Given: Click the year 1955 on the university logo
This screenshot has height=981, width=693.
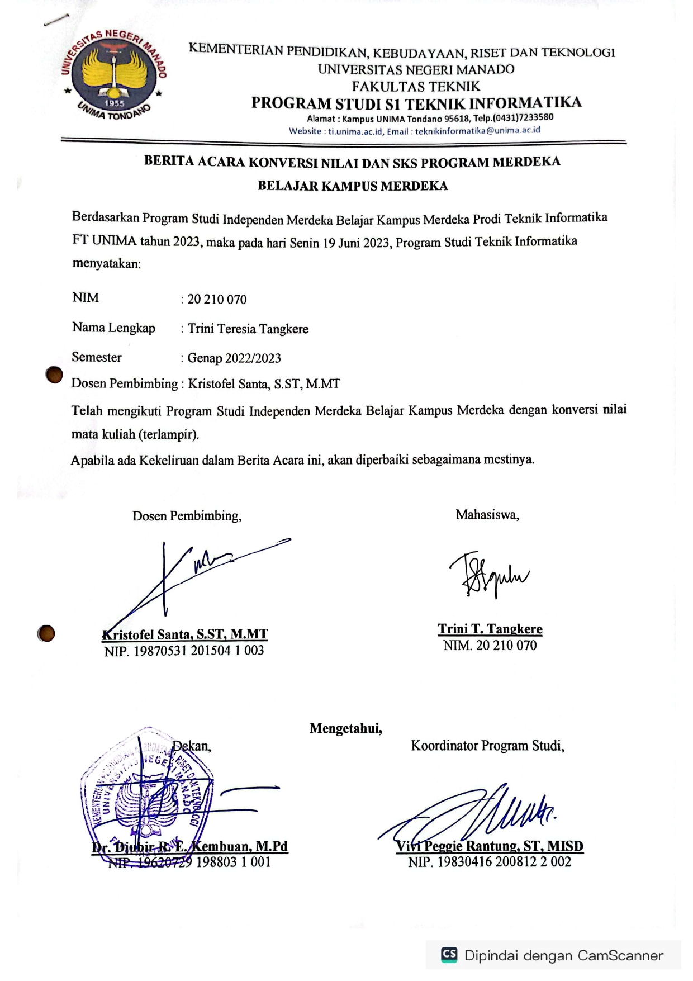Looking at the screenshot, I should pos(114,103).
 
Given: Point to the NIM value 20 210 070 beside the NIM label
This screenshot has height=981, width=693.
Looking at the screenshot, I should pos(217,300).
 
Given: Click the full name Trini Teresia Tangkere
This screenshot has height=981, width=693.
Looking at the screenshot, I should pos(248,329).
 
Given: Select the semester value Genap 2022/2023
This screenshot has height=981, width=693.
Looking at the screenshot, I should pos(234,358).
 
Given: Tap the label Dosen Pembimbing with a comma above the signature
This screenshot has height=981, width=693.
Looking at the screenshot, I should pos(187,516).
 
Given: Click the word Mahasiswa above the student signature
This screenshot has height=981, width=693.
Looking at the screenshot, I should pos(487,515).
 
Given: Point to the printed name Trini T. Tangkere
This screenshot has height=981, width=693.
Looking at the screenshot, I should pos(490,629).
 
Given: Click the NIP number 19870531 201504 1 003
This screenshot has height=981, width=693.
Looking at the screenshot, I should pos(198,651).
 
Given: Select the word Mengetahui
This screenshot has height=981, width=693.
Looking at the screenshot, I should pos(346,728).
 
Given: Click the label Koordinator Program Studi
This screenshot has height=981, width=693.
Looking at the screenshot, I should pos(487,746).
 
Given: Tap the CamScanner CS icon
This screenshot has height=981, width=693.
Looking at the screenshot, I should pos(449,954).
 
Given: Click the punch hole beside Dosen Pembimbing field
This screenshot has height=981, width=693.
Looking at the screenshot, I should pos(54,375).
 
